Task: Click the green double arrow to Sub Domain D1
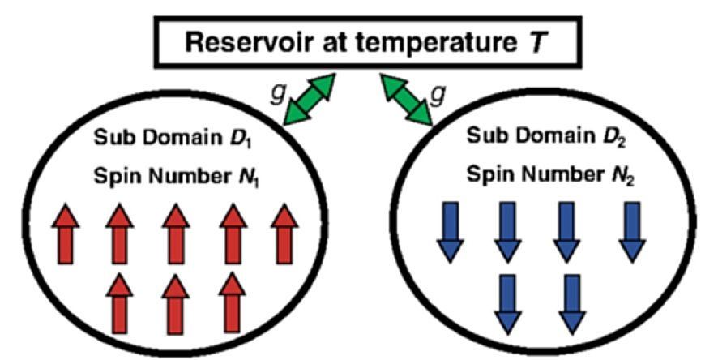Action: (309, 99)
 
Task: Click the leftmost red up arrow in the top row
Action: (68, 229)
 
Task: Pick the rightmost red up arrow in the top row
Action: (284, 229)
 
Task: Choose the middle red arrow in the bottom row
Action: (177, 302)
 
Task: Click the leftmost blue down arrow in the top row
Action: (453, 230)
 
